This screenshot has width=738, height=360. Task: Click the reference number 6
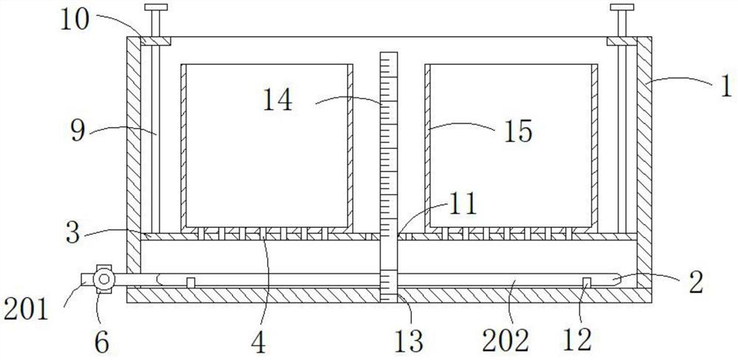(102, 341)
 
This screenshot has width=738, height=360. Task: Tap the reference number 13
(408, 341)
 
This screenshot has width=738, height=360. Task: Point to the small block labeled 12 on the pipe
(588, 283)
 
